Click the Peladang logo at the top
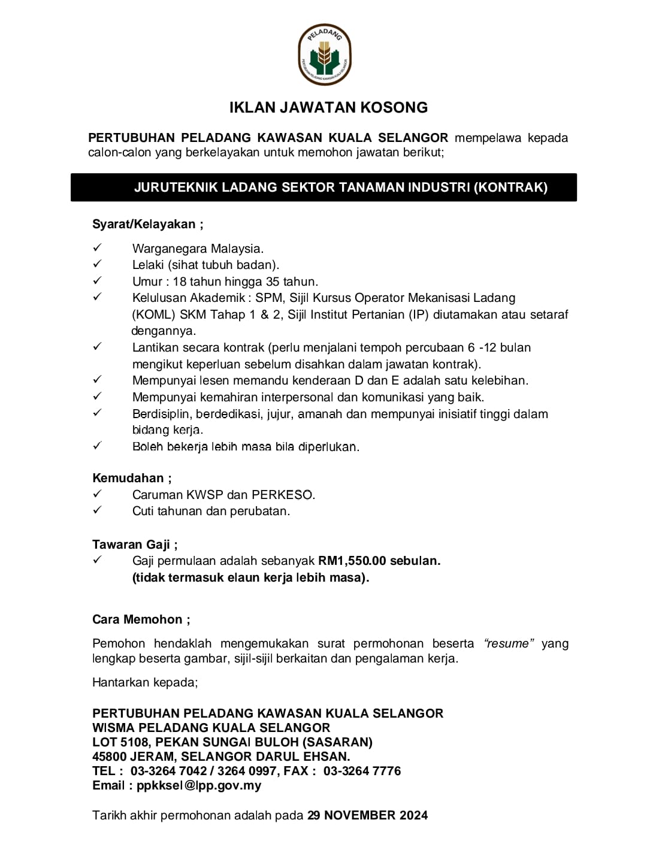[324, 55]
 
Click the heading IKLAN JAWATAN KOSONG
[328, 108]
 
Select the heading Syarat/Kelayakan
[147, 224]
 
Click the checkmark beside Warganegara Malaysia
[98, 247]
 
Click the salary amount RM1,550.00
[352, 561]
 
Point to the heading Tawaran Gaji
[135, 545]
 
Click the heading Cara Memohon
[141, 619]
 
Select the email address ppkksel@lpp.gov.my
[199, 785]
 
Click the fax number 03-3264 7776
[362, 771]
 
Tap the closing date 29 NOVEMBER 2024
[367, 815]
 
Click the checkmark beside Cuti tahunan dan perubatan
[98, 510]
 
